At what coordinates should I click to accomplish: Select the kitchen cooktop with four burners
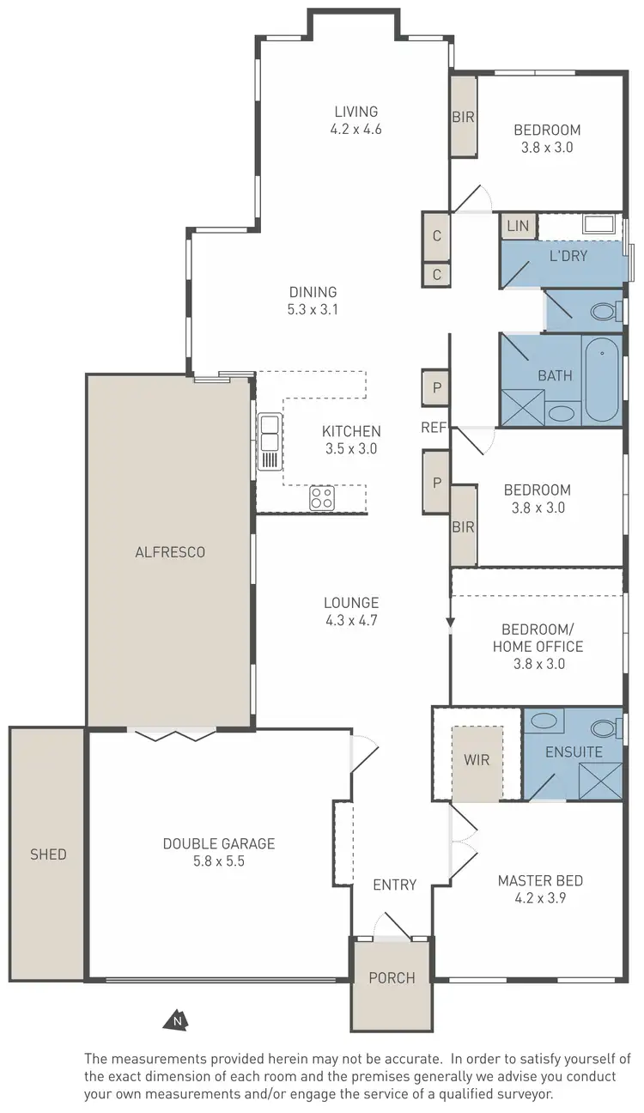click(x=322, y=497)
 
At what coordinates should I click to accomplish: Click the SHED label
click(x=47, y=855)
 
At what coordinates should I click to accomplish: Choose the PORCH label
click(x=392, y=977)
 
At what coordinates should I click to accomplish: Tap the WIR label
click(x=477, y=759)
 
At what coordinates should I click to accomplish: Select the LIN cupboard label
click(x=518, y=227)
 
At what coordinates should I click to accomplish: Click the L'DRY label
click(x=568, y=256)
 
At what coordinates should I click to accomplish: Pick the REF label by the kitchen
click(x=433, y=428)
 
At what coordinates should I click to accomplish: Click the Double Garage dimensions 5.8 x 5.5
click(x=218, y=861)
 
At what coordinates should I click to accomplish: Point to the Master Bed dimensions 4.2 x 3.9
click(x=540, y=898)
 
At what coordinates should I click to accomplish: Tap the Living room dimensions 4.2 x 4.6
click(x=355, y=130)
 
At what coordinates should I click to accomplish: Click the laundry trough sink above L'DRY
click(x=599, y=226)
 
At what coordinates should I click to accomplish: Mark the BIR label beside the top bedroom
click(x=464, y=117)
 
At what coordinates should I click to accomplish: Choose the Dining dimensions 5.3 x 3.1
click(x=313, y=310)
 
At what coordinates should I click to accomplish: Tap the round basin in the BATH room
click(x=562, y=413)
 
